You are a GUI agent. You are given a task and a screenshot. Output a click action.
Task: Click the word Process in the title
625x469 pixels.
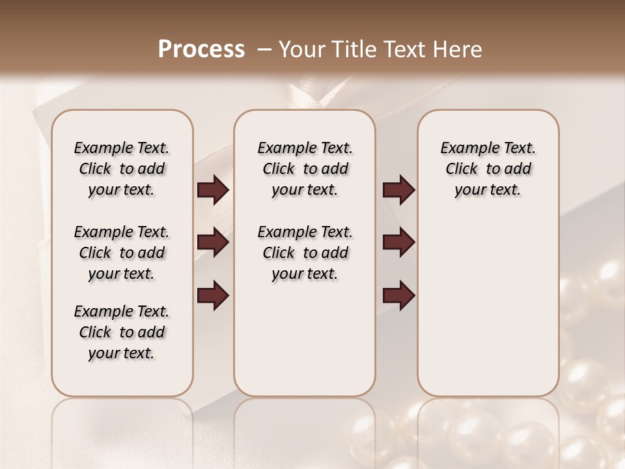click(201, 50)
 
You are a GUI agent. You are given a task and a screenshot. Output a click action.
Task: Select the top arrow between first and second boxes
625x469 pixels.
click(213, 190)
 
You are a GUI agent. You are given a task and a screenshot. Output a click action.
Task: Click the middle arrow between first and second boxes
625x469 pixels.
click(213, 243)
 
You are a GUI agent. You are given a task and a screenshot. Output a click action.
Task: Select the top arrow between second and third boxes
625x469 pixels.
click(398, 190)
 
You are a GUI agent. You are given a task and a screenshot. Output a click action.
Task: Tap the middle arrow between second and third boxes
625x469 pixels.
click(398, 243)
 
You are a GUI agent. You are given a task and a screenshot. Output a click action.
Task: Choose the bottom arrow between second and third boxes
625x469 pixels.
click(398, 296)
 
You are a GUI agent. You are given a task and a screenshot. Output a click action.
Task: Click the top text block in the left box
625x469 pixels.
click(122, 169)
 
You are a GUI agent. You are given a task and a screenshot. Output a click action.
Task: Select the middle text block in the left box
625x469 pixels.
click(122, 253)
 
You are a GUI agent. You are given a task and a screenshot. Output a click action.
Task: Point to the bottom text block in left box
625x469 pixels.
click(122, 332)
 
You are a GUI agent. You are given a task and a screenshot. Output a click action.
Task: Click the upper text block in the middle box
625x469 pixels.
click(305, 169)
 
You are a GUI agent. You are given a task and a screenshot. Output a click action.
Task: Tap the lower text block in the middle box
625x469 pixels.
click(305, 253)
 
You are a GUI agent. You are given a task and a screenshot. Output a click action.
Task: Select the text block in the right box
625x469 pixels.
click(488, 169)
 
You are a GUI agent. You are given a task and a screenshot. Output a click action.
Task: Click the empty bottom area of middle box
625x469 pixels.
click(305, 345)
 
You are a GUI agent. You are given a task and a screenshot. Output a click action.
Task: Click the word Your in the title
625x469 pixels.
click(301, 50)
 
